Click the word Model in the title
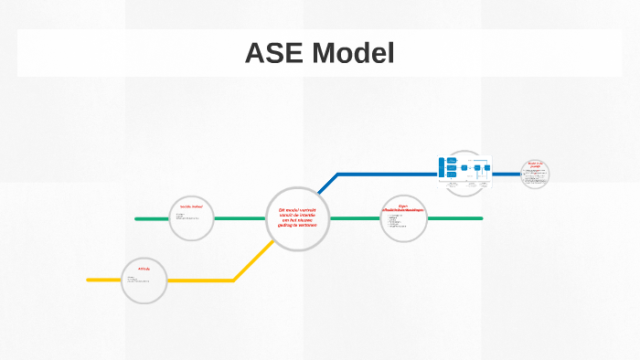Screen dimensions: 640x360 353,54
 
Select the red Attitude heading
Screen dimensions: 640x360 144,269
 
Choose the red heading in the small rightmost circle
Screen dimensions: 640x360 535,165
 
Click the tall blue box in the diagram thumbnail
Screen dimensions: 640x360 442,169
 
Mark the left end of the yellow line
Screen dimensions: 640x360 89,280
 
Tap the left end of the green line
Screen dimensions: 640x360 137,219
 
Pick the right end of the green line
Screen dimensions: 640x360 481,218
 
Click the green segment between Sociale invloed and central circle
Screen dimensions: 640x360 240,219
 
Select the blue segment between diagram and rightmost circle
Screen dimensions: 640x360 505,174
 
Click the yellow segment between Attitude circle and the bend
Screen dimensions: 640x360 201,280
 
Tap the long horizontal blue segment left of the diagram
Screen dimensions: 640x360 384,174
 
